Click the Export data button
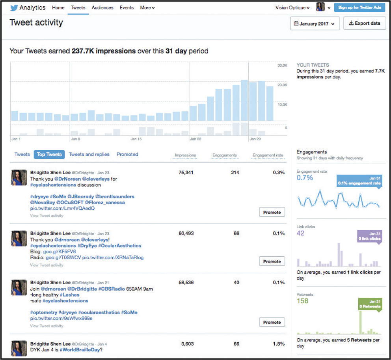coord(364,24)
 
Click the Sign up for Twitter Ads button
coord(359,7)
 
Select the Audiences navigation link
coord(102,7)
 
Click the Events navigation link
coord(127,7)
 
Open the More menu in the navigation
coord(147,7)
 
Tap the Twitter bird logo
coord(15,7)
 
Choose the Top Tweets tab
coord(49,155)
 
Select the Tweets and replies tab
coord(89,155)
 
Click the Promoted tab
coord(127,155)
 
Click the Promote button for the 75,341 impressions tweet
coord(272,213)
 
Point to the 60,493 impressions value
coord(186,233)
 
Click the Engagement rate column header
coord(268,155)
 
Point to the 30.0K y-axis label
coord(283,65)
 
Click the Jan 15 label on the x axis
coord(136,139)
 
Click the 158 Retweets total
coord(302,301)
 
